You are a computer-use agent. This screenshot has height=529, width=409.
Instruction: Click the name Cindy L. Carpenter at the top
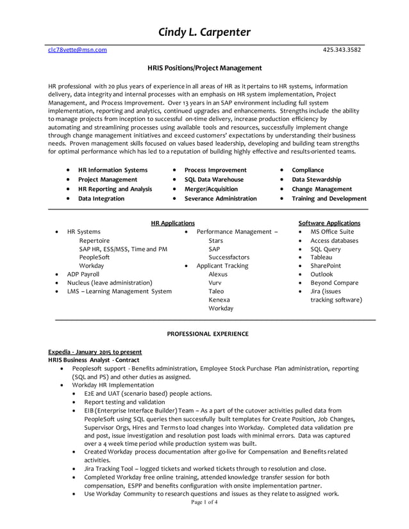tap(204, 33)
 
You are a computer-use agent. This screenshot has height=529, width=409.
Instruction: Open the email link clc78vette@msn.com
tap(78, 50)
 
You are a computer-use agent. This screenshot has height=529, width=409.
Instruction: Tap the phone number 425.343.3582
tap(341, 50)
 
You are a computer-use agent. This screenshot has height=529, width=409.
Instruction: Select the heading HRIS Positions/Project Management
tap(204, 68)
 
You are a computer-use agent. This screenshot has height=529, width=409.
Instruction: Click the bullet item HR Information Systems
tap(113, 170)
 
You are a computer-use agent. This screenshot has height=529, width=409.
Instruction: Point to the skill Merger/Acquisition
tap(211, 190)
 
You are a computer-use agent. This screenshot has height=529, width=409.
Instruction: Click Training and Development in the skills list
tap(329, 199)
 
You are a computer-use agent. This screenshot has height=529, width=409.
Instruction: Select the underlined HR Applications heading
tap(172, 224)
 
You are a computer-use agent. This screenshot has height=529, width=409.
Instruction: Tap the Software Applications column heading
tap(330, 224)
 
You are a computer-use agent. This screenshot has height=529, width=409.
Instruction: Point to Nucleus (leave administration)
tap(110, 282)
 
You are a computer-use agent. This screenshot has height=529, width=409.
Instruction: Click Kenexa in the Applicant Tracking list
tap(219, 300)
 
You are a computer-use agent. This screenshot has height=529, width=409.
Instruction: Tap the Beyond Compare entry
tap(334, 282)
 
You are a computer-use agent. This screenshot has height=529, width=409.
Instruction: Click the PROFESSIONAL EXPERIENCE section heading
tap(208, 334)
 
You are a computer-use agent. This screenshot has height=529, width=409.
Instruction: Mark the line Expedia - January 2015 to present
tap(95, 352)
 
